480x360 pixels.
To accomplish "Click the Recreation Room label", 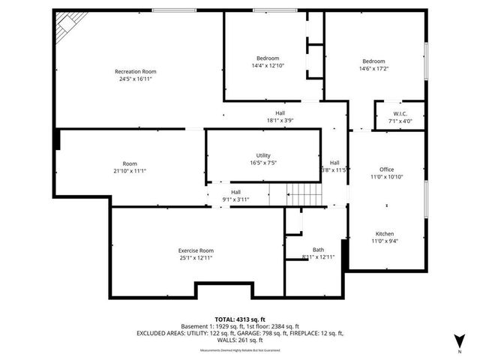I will click(x=135, y=71).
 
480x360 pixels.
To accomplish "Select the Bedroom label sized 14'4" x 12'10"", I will click(x=268, y=58).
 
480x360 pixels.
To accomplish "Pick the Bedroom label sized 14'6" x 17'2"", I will click(x=373, y=61).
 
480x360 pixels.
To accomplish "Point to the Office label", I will click(x=386, y=169).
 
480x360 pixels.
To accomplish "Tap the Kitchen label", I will click(x=384, y=233).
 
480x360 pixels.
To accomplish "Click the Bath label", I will click(x=318, y=250).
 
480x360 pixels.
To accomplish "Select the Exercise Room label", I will click(x=196, y=250).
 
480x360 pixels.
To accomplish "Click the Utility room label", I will click(x=263, y=154).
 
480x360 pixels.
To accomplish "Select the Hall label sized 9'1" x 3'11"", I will click(x=235, y=193).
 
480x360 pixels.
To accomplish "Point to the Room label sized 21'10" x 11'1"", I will click(x=130, y=163).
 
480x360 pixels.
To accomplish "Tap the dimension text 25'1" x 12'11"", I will click(x=196, y=258).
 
